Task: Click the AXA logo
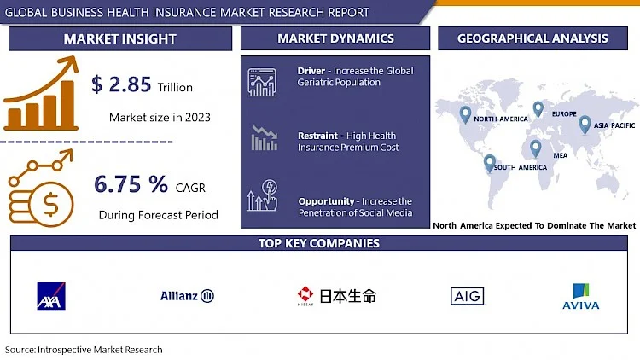pos(51,295)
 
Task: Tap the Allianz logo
pos(188,295)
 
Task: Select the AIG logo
pos(468,296)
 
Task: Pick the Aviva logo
pos(581,296)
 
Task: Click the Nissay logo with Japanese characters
pos(337,296)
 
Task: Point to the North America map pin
pos(465,115)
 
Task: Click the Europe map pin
pos(538,109)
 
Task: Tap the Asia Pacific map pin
pos(585,125)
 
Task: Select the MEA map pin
pos(536,149)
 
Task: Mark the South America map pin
pos(490,164)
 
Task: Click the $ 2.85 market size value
pos(121,84)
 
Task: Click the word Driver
pos(311,71)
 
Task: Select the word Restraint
pos(317,136)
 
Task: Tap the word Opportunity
pos(326,201)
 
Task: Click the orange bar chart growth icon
pos(41,94)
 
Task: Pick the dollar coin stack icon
pos(41,188)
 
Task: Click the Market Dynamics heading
pos(335,38)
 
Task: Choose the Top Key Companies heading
pos(319,243)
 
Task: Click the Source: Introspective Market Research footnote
pos(84,350)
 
